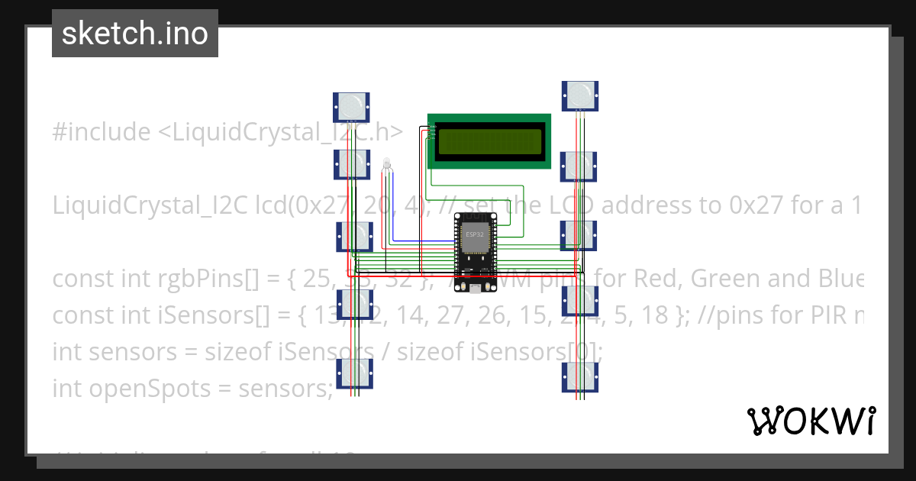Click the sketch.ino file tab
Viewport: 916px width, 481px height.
click(134, 34)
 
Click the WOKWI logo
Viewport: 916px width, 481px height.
click(811, 421)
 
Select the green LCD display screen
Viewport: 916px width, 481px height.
click(489, 141)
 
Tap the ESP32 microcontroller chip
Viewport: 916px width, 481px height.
click(475, 240)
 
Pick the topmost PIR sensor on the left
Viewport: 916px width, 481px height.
click(351, 106)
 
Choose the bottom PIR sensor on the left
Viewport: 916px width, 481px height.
click(354, 373)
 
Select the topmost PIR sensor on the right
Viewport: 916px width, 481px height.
click(580, 95)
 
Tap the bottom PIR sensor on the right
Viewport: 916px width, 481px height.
click(580, 376)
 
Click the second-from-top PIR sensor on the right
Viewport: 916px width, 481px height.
click(578, 166)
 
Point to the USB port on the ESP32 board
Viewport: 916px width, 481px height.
click(475, 288)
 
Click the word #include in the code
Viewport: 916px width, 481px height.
click(102, 132)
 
